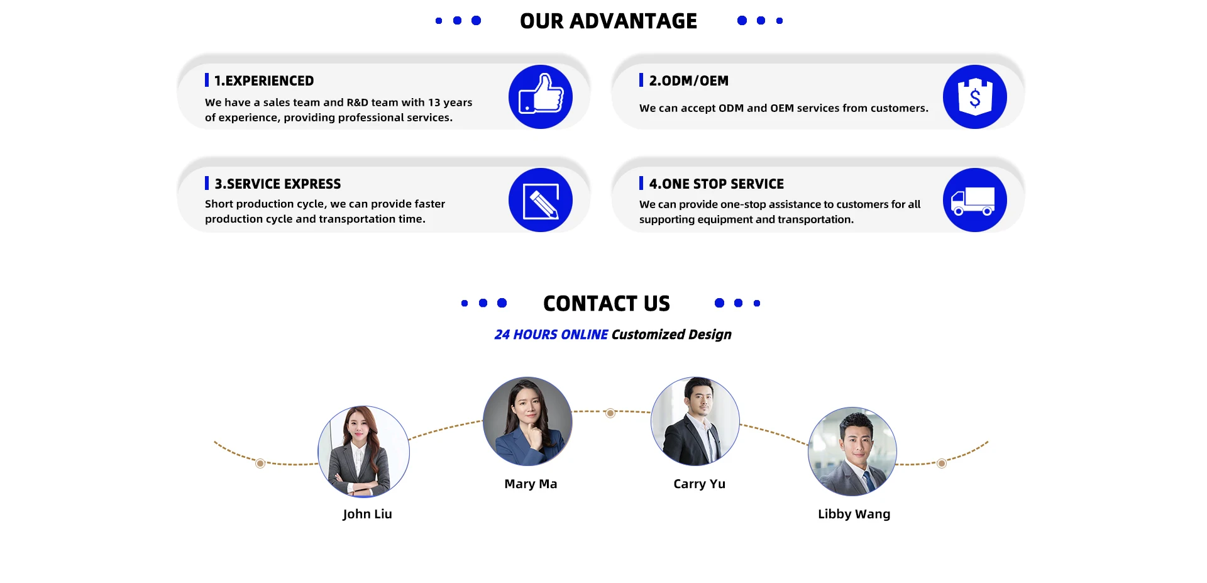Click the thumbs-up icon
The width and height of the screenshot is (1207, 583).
pos(540,97)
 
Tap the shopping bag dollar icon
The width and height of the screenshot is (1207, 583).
pos(974,97)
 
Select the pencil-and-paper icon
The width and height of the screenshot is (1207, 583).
pos(540,200)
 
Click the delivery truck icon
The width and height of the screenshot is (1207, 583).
pos(974,200)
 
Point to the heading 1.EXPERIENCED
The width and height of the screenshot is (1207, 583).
pos(263,81)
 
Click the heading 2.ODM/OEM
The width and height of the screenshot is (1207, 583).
pos(688,81)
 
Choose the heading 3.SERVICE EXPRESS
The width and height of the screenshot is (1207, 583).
pos(277,184)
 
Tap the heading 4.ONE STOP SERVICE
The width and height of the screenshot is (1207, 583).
pos(716,184)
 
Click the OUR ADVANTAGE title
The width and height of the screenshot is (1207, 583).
pos(608,21)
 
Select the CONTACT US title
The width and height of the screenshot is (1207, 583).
pos(606,303)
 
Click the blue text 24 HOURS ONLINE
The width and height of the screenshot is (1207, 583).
pos(551,335)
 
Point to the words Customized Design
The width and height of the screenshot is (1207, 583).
pos(671,335)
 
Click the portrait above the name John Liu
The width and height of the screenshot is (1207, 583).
pos(363,452)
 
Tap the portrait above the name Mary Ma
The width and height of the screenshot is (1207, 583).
pos(527,421)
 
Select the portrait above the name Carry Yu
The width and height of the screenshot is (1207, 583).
pos(695,421)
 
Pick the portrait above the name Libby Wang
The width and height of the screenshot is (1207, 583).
pos(852,452)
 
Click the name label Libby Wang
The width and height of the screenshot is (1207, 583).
pos(854,514)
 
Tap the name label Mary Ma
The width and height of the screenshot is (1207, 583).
pos(531,484)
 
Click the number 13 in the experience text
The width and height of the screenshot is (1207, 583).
pos(434,103)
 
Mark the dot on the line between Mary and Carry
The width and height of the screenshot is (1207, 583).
pos(610,413)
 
